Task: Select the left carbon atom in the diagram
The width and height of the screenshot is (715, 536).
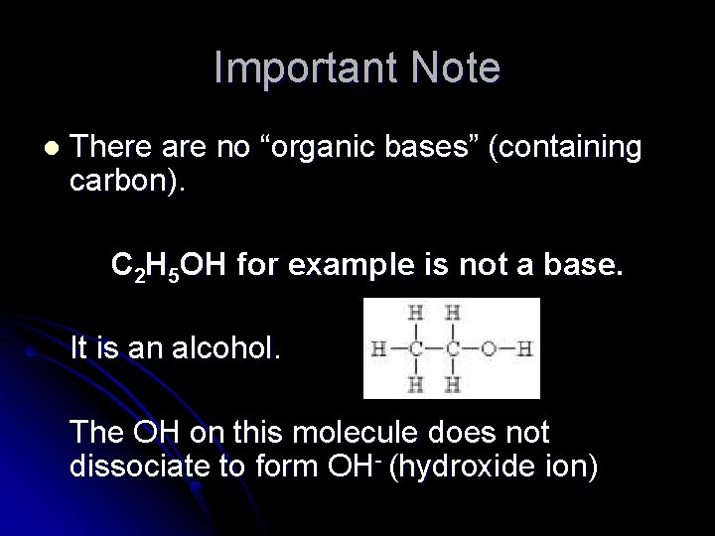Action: [x=417, y=348]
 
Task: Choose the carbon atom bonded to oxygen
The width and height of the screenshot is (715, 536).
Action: [x=453, y=348]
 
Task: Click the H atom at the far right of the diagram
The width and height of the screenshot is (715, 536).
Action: [x=526, y=348]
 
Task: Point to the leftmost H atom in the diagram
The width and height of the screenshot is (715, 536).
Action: [x=379, y=348]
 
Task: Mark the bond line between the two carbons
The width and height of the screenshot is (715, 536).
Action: [x=435, y=348]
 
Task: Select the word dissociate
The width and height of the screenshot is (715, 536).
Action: [x=142, y=467]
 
